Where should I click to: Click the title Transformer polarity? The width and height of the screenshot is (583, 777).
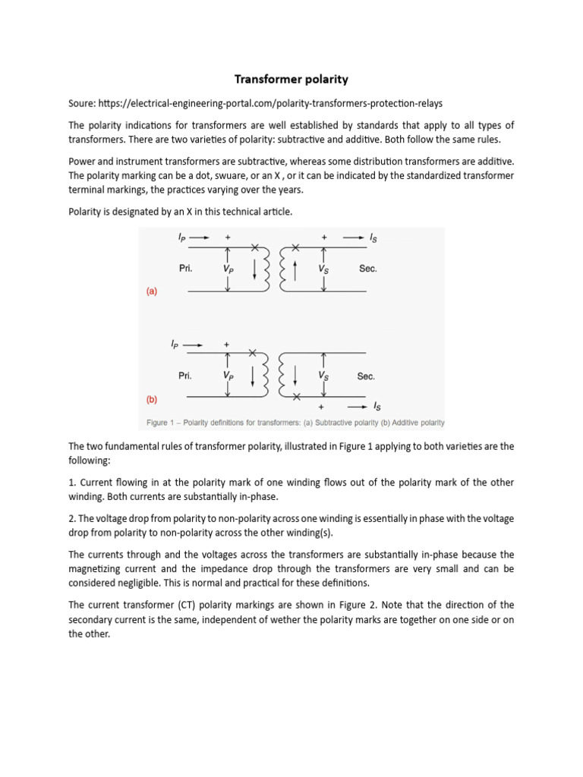[x=291, y=80]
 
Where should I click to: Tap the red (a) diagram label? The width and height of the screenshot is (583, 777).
[x=152, y=291]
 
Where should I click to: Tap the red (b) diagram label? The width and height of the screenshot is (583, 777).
[x=152, y=398]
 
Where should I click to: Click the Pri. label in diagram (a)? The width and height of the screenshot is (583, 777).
[x=184, y=269]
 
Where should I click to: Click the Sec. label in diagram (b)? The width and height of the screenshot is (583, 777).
[x=365, y=376]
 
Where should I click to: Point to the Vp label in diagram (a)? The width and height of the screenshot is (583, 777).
[x=228, y=269]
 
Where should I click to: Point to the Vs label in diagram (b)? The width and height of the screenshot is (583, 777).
[x=323, y=376]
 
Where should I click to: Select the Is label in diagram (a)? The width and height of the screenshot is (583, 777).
[x=373, y=238]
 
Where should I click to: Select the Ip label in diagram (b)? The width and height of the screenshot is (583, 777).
[x=175, y=344]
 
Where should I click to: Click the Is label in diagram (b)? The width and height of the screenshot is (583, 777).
[x=377, y=407]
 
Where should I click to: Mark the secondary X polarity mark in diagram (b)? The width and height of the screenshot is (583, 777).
[x=296, y=396]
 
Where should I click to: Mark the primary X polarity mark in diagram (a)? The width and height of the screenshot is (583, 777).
[x=254, y=247]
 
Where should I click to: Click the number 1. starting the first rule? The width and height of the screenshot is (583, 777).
[x=73, y=483]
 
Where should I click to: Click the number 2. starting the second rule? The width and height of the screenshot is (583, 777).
[x=73, y=518]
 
